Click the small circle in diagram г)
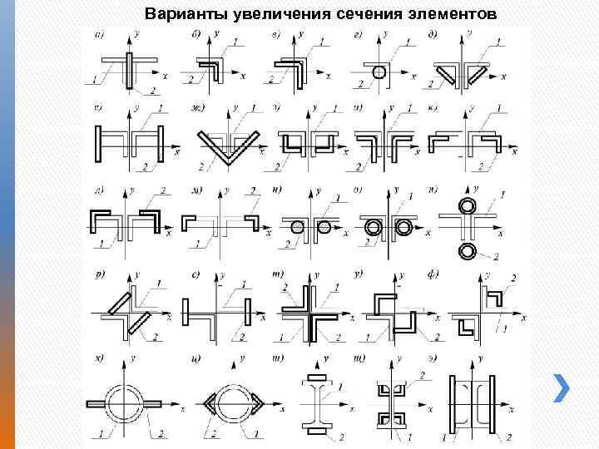(x=379, y=72)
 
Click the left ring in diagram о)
(x=372, y=226)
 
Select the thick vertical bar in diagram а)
(x=131, y=71)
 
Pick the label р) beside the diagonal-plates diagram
(x=101, y=272)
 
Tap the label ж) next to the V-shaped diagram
(x=198, y=107)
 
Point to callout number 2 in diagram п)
(x=496, y=254)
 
